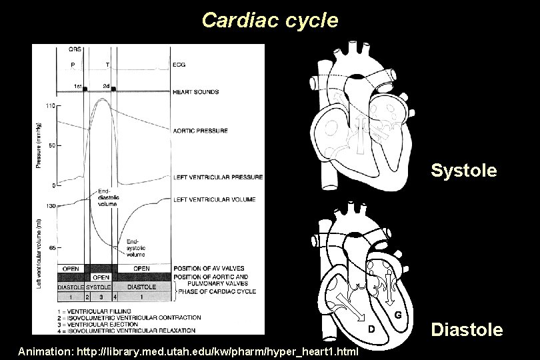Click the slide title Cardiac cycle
coord(269,21)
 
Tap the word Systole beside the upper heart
coord(463,171)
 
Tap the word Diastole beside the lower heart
coord(467,329)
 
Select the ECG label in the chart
coord(179,65)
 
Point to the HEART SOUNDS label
coord(195,91)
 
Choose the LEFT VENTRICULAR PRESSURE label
coord(217,177)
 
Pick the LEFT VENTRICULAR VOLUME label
coord(214,199)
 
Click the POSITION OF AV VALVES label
coord(206,269)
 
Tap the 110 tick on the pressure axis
coord(50,105)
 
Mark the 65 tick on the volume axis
coord(51,247)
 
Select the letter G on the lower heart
coord(397,314)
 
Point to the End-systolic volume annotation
coord(135,247)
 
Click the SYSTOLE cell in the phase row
coord(98,287)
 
